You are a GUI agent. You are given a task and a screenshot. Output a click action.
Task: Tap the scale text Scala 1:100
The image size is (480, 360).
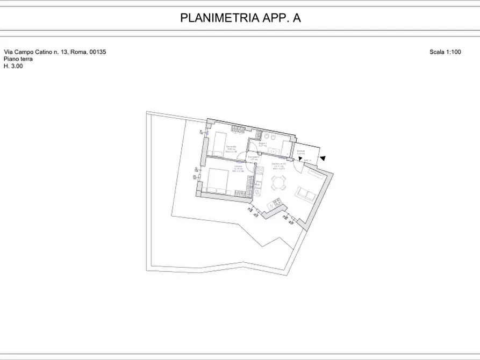tap(446, 52)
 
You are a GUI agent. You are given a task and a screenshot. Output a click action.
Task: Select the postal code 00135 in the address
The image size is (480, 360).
tap(98, 52)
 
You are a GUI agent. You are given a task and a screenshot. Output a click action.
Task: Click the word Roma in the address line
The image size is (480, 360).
tap(78, 52)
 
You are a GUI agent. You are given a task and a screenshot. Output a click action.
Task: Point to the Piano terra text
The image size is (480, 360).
tap(18, 59)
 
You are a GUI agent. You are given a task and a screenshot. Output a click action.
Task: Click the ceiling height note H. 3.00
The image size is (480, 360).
tap(13, 66)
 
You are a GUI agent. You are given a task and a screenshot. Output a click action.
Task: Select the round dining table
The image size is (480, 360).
tap(278, 184)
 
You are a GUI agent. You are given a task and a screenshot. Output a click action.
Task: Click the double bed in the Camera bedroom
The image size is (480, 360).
tap(218, 180)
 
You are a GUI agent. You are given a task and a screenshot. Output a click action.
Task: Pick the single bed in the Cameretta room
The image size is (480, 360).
tap(217, 144)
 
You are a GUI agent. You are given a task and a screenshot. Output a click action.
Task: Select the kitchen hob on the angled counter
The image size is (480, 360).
tap(277, 203)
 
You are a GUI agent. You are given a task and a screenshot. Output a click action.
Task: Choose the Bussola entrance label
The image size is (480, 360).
tap(300, 152)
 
